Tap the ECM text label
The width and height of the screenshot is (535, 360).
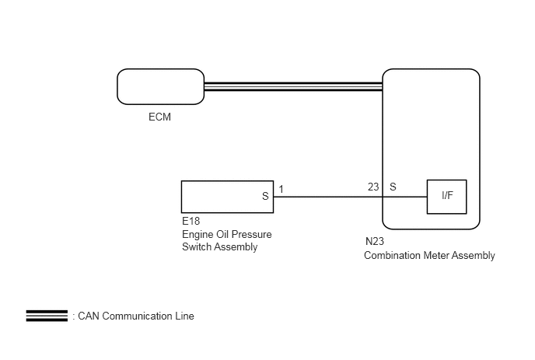coord(159,117)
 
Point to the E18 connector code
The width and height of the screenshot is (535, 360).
coord(191,221)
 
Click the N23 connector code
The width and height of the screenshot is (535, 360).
coord(375,241)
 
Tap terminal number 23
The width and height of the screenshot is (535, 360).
coord(373,187)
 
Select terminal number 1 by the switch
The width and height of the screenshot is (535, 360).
coord(281,189)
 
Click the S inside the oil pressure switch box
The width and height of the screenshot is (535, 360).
coord(265,196)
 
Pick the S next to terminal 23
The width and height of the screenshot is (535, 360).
coord(393,187)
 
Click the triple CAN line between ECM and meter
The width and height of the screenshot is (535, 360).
coord(293,86)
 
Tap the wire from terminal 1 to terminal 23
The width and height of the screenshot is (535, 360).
coord(351,197)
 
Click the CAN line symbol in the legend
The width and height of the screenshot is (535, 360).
coord(47,316)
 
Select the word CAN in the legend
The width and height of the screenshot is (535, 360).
coord(89,316)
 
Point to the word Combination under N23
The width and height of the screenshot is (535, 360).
coord(392,255)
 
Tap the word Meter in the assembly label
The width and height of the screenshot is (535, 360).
coord(435,255)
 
